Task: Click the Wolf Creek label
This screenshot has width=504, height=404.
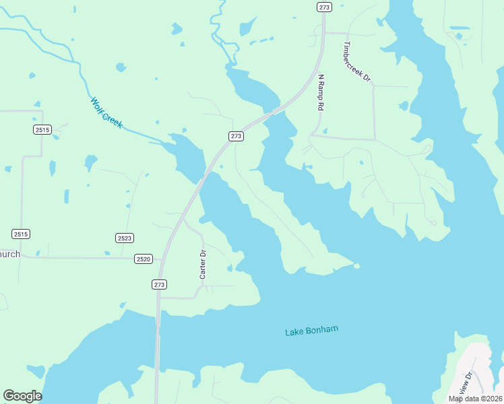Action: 106,112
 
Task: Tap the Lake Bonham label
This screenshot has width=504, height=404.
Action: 311,331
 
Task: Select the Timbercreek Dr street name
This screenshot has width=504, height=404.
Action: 357,62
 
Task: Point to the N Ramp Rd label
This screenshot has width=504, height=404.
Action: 321,93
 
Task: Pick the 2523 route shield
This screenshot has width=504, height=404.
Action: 125,238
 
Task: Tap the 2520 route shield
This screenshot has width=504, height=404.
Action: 143,259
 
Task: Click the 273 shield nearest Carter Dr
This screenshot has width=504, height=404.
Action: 159,285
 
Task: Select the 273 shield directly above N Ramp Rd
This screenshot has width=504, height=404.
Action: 324,7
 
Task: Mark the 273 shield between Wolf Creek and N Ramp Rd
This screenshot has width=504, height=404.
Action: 236,136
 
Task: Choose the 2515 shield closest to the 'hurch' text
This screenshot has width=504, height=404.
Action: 20,234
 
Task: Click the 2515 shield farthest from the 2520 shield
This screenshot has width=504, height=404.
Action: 42,129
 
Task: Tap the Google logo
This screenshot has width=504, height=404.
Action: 22,396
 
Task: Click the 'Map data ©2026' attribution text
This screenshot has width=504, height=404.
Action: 475,399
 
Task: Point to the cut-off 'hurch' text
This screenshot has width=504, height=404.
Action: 10,255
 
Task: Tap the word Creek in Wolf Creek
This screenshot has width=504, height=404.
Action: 113,119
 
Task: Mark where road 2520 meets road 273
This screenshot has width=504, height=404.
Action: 160,258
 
